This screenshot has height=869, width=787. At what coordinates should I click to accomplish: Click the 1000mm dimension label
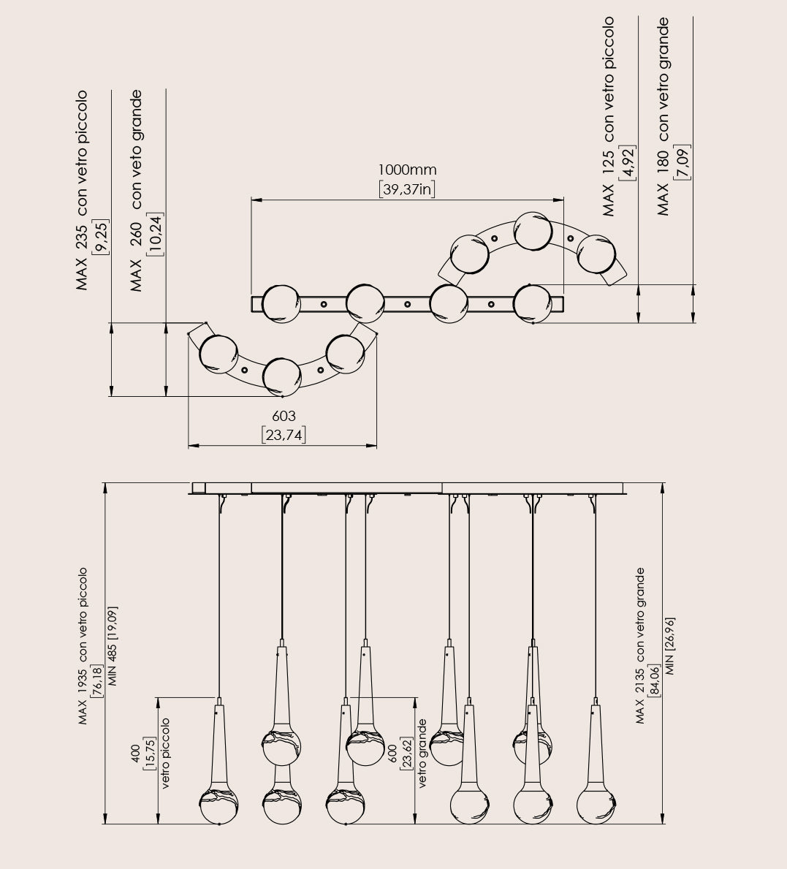pos(408,170)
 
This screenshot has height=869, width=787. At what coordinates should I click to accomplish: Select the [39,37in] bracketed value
pos(408,190)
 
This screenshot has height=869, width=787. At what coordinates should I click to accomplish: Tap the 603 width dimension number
pos(284,416)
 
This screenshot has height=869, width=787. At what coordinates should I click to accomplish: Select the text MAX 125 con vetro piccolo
pos(609,117)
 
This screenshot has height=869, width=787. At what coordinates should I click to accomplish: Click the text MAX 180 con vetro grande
pos(663,117)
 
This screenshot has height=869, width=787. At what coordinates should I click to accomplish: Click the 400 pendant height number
pos(135,753)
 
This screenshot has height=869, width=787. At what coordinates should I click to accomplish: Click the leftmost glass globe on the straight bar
pos(280,303)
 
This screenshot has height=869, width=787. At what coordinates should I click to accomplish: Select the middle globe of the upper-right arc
pos(532,230)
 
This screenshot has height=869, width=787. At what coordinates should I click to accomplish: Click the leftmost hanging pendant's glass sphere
pos(219,805)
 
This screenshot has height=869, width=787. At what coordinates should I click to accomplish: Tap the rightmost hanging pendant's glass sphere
pos(596,805)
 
